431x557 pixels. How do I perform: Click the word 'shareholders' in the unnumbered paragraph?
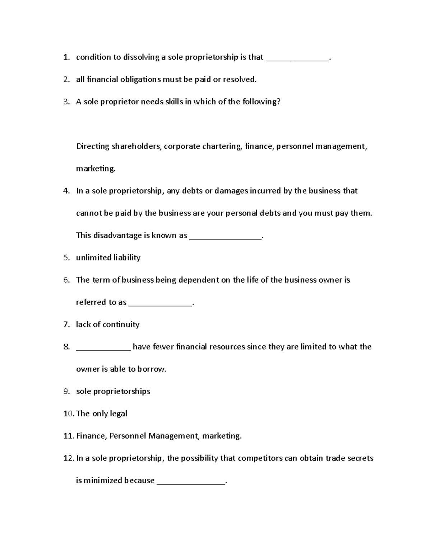pyautogui.click(x=136, y=146)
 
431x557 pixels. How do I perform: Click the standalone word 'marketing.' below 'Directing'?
pyautogui.click(x=96, y=169)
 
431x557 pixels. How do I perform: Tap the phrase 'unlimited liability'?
pyautogui.click(x=108, y=258)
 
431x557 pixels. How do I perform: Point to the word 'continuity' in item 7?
pyautogui.click(x=121, y=325)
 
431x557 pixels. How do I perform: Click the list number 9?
pyautogui.click(x=66, y=391)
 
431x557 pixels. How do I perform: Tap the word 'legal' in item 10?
pyautogui.click(x=119, y=414)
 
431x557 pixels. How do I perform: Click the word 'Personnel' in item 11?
pyautogui.click(x=128, y=436)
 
